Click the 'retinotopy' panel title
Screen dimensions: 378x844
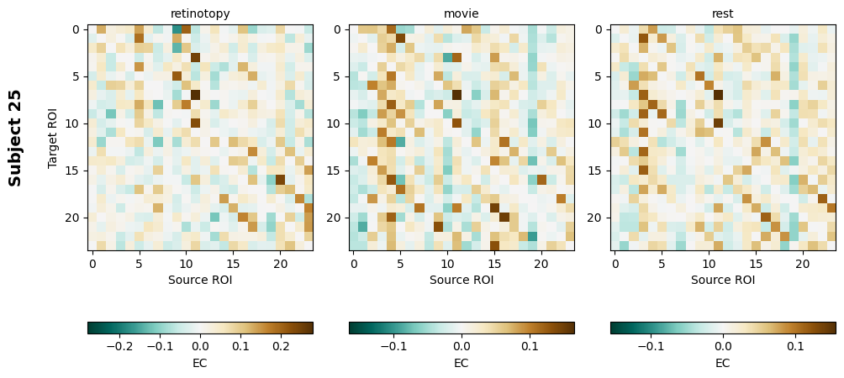(200, 14)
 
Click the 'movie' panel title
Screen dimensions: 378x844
(462, 14)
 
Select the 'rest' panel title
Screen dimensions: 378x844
(723, 14)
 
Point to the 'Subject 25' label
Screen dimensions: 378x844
(15, 138)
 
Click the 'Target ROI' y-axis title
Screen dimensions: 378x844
(53, 138)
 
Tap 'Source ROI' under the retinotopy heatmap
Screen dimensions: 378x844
(200, 280)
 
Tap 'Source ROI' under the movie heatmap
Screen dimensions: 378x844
(462, 280)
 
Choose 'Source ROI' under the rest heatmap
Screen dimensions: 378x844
(723, 280)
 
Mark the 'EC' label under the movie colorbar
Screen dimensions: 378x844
(462, 363)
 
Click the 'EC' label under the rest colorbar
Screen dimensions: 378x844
(723, 363)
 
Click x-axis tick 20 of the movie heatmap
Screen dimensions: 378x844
(541, 264)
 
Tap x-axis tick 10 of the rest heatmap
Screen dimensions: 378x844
(709, 264)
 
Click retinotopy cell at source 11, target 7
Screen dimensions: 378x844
(196, 95)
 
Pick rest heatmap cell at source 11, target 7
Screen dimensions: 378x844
(719, 95)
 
